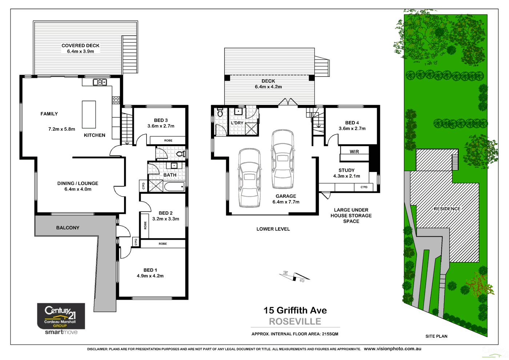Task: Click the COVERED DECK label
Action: point(80,45)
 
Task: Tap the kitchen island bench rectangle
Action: point(89,115)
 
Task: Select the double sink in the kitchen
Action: point(100,82)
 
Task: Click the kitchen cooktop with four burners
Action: point(116,100)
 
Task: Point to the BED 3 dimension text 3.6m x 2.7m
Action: point(161,126)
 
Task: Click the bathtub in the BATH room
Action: point(175,187)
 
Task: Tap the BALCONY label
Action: point(68,228)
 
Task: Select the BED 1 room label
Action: point(150,270)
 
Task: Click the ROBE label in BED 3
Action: point(168,140)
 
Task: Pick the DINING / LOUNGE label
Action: point(78,183)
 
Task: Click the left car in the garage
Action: point(249,178)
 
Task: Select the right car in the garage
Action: point(282,159)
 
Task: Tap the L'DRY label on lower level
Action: point(237,123)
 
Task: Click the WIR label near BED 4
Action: point(354,152)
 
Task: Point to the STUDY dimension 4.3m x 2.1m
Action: point(346,176)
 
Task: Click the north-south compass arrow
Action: point(294,277)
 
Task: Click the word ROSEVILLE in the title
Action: point(295,321)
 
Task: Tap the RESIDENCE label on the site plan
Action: point(447,209)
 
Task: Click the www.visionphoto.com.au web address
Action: point(392,349)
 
